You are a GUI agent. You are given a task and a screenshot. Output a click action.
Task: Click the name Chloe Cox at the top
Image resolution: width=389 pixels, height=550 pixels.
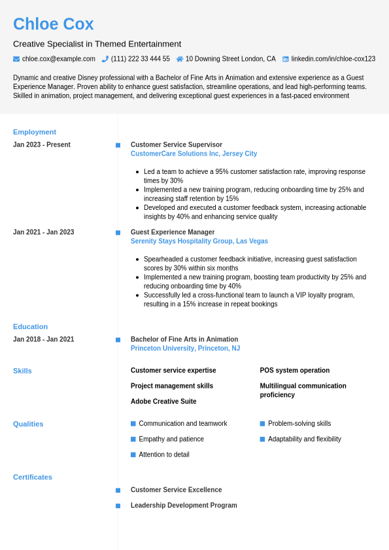[x=54, y=24]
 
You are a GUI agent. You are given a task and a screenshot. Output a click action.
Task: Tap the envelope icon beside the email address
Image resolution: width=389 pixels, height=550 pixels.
[x=16, y=59]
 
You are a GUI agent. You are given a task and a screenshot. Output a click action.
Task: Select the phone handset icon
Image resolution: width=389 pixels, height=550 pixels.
[x=105, y=59]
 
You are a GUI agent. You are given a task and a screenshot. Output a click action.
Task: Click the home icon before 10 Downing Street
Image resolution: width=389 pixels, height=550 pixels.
[x=180, y=59]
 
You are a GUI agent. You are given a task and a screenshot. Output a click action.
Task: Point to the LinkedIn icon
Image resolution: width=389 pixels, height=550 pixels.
[x=286, y=59]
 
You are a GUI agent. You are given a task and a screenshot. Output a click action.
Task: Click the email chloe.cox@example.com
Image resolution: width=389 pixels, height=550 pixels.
[x=59, y=59]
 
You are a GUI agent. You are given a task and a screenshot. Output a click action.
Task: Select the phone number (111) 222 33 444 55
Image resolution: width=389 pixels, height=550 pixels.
[x=141, y=59]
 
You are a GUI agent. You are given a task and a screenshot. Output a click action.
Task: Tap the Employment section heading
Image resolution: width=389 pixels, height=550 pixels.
[x=35, y=132]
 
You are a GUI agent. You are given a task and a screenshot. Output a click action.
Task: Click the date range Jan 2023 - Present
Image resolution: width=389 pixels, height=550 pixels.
[x=42, y=145]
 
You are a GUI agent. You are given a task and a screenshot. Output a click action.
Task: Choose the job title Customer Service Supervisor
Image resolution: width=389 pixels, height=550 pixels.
[x=177, y=145]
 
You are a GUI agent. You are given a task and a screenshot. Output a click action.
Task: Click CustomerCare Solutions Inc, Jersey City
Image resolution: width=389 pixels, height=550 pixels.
[x=194, y=154]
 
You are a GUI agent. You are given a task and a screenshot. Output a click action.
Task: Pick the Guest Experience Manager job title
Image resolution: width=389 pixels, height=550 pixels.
[x=173, y=232]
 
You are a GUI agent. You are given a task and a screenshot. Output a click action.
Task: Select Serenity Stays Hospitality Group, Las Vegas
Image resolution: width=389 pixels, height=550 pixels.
[x=199, y=241]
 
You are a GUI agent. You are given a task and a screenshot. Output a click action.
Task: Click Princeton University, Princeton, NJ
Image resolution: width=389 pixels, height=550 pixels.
[x=185, y=349]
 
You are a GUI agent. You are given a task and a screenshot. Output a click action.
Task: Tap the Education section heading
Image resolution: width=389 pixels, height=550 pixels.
[x=30, y=327]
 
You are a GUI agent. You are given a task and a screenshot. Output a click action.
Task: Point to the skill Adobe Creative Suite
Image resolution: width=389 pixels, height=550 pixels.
[x=163, y=402]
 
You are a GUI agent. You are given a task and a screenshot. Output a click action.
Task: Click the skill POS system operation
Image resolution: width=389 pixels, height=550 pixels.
[x=295, y=370]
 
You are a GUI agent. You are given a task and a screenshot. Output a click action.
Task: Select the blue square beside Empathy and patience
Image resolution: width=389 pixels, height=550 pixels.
[x=133, y=439]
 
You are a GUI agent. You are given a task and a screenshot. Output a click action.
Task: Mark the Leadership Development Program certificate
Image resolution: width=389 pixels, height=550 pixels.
[x=184, y=506]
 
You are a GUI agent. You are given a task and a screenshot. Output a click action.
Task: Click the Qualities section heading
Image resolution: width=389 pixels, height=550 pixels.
[x=28, y=424]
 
